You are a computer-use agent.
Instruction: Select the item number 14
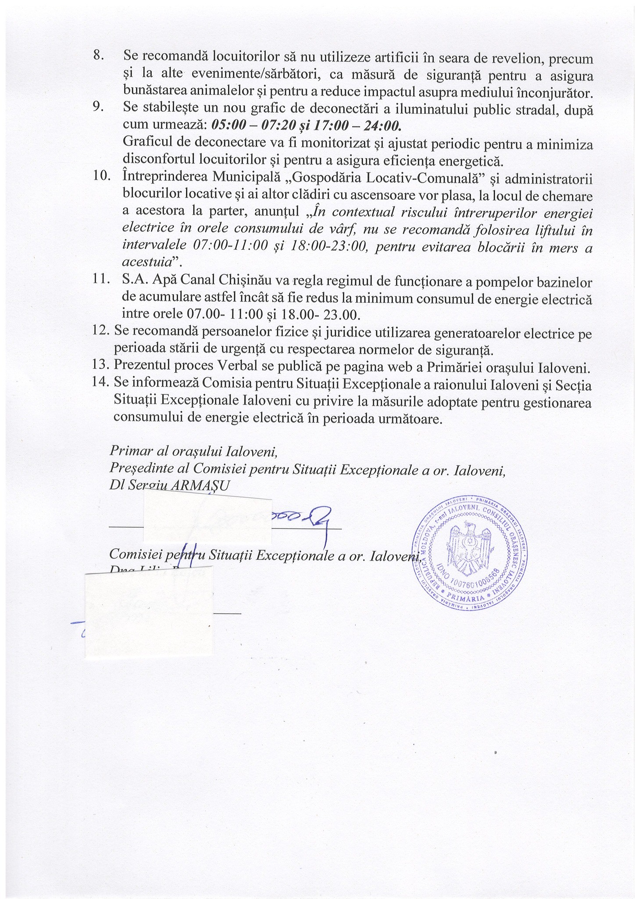tap(100, 384)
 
